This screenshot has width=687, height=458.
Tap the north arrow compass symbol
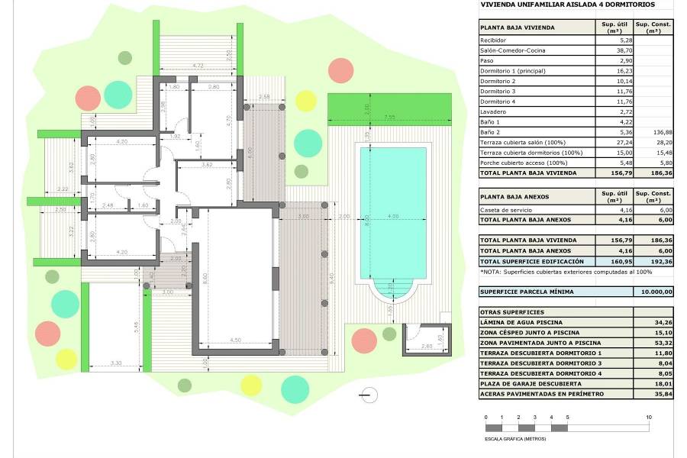coord(369,395)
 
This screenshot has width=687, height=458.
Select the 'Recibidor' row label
coord(493,40)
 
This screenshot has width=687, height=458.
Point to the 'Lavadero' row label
coord(492,111)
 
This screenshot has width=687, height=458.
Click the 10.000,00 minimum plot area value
coord(656,292)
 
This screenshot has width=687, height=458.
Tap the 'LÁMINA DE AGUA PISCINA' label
coord(516,322)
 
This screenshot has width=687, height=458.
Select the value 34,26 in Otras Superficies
coord(655,322)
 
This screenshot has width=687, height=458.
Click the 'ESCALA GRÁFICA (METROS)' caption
coord(516,438)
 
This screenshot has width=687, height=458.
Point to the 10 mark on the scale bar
coord(648,418)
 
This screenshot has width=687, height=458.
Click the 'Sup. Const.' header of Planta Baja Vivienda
coord(653,27)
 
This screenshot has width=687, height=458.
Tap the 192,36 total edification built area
coord(655,260)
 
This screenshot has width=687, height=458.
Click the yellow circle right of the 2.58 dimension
coord(305,101)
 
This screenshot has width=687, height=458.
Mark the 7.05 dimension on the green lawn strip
coord(389,118)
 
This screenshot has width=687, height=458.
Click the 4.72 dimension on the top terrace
coord(197,66)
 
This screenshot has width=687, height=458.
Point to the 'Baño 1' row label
coord(489,122)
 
